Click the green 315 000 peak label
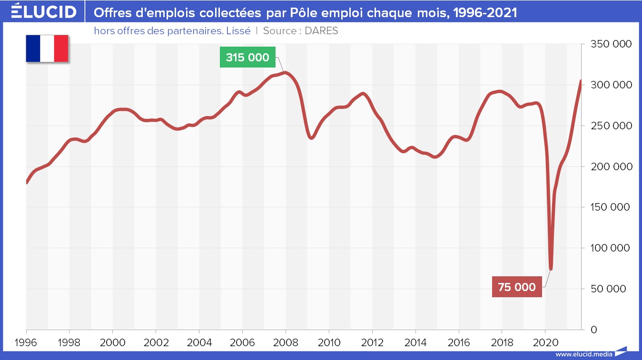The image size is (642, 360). (x=247, y=58)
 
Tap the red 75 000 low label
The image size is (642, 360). (x=517, y=287)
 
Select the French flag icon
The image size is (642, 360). (x=47, y=48)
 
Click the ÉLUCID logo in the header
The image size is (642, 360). (x=43, y=12)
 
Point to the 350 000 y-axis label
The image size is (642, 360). (x=611, y=44)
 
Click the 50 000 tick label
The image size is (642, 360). (x=613, y=289)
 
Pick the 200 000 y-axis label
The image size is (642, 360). (x=611, y=166)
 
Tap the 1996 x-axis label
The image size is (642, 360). (x=26, y=342)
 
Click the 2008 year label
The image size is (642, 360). (x=286, y=342)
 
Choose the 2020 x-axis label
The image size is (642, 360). (x=545, y=342)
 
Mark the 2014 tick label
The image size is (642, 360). (x=415, y=342)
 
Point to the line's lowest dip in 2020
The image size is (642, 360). (x=551, y=269)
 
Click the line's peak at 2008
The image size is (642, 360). (x=285, y=73)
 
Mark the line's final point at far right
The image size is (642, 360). (x=581, y=81)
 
